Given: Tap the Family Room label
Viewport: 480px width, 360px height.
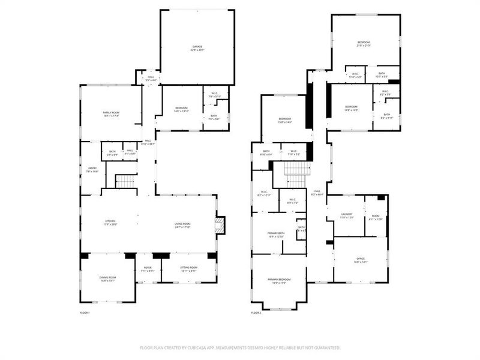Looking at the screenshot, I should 111,114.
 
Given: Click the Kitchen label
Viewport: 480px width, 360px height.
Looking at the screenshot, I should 110,223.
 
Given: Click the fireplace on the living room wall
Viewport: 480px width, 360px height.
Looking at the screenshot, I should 220,225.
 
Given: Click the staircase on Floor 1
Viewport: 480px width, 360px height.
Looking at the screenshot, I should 126,181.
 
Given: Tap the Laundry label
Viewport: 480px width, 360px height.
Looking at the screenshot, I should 346,216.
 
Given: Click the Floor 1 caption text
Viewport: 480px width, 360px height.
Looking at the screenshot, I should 85,313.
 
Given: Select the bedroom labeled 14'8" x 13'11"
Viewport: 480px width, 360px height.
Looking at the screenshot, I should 181,109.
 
